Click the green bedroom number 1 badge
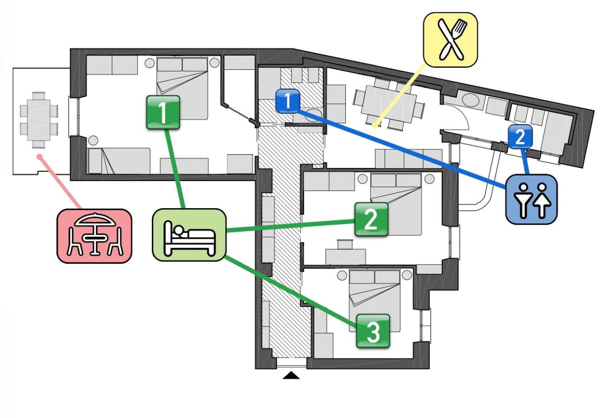click(x=163, y=112)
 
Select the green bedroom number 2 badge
click(x=371, y=219)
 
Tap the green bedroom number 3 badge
click(x=373, y=331)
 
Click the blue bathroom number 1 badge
click(x=288, y=101)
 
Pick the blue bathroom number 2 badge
click(x=520, y=137)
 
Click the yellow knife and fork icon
click(x=450, y=40)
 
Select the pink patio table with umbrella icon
click(x=95, y=236)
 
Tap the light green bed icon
click(x=189, y=235)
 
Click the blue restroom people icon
click(x=531, y=199)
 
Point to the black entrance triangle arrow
click(x=291, y=375)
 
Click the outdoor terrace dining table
click(x=39, y=120)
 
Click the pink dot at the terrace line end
click(x=40, y=157)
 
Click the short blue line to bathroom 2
click(x=525, y=161)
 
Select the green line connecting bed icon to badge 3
click(x=291, y=291)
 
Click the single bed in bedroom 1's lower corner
click(x=119, y=161)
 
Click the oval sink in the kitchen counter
click(x=471, y=101)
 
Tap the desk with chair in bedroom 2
click(x=345, y=253)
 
